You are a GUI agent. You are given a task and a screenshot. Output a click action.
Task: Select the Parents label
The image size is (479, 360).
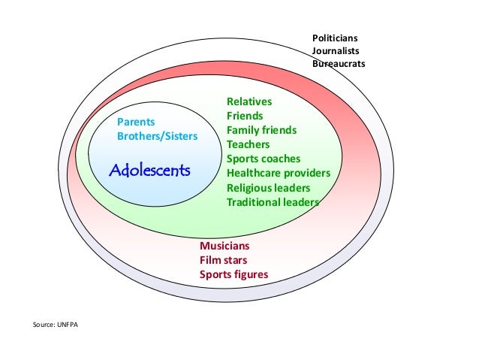[x=136, y=123]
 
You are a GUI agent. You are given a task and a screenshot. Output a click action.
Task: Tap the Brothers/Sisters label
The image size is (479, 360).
[x=157, y=137]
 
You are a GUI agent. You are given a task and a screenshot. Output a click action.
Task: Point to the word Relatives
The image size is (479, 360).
[x=249, y=101]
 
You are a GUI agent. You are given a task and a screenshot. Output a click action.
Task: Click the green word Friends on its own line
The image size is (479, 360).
[x=245, y=116]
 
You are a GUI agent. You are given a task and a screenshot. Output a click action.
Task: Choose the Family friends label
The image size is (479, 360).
[x=261, y=130]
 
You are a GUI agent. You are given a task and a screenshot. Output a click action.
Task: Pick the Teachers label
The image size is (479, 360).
[x=249, y=144]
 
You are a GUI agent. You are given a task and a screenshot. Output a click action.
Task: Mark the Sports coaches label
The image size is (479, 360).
[x=264, y=159]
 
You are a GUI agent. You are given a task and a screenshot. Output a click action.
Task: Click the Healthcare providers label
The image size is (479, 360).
[x=279, y=173]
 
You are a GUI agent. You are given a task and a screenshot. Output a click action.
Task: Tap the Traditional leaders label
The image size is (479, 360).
[x=273, y=201]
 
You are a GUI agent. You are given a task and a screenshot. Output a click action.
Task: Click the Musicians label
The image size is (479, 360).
[x=224, y=246]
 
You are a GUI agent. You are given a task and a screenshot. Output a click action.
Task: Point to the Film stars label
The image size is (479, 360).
[x=223, y=260]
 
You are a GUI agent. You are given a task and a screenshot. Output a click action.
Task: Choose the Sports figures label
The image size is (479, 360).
[x=233, y=274]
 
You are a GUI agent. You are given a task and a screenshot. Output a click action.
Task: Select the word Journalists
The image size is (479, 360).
[x=336, y=51]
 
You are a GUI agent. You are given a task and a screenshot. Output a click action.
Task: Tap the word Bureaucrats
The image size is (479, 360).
[x=339, y=64]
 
